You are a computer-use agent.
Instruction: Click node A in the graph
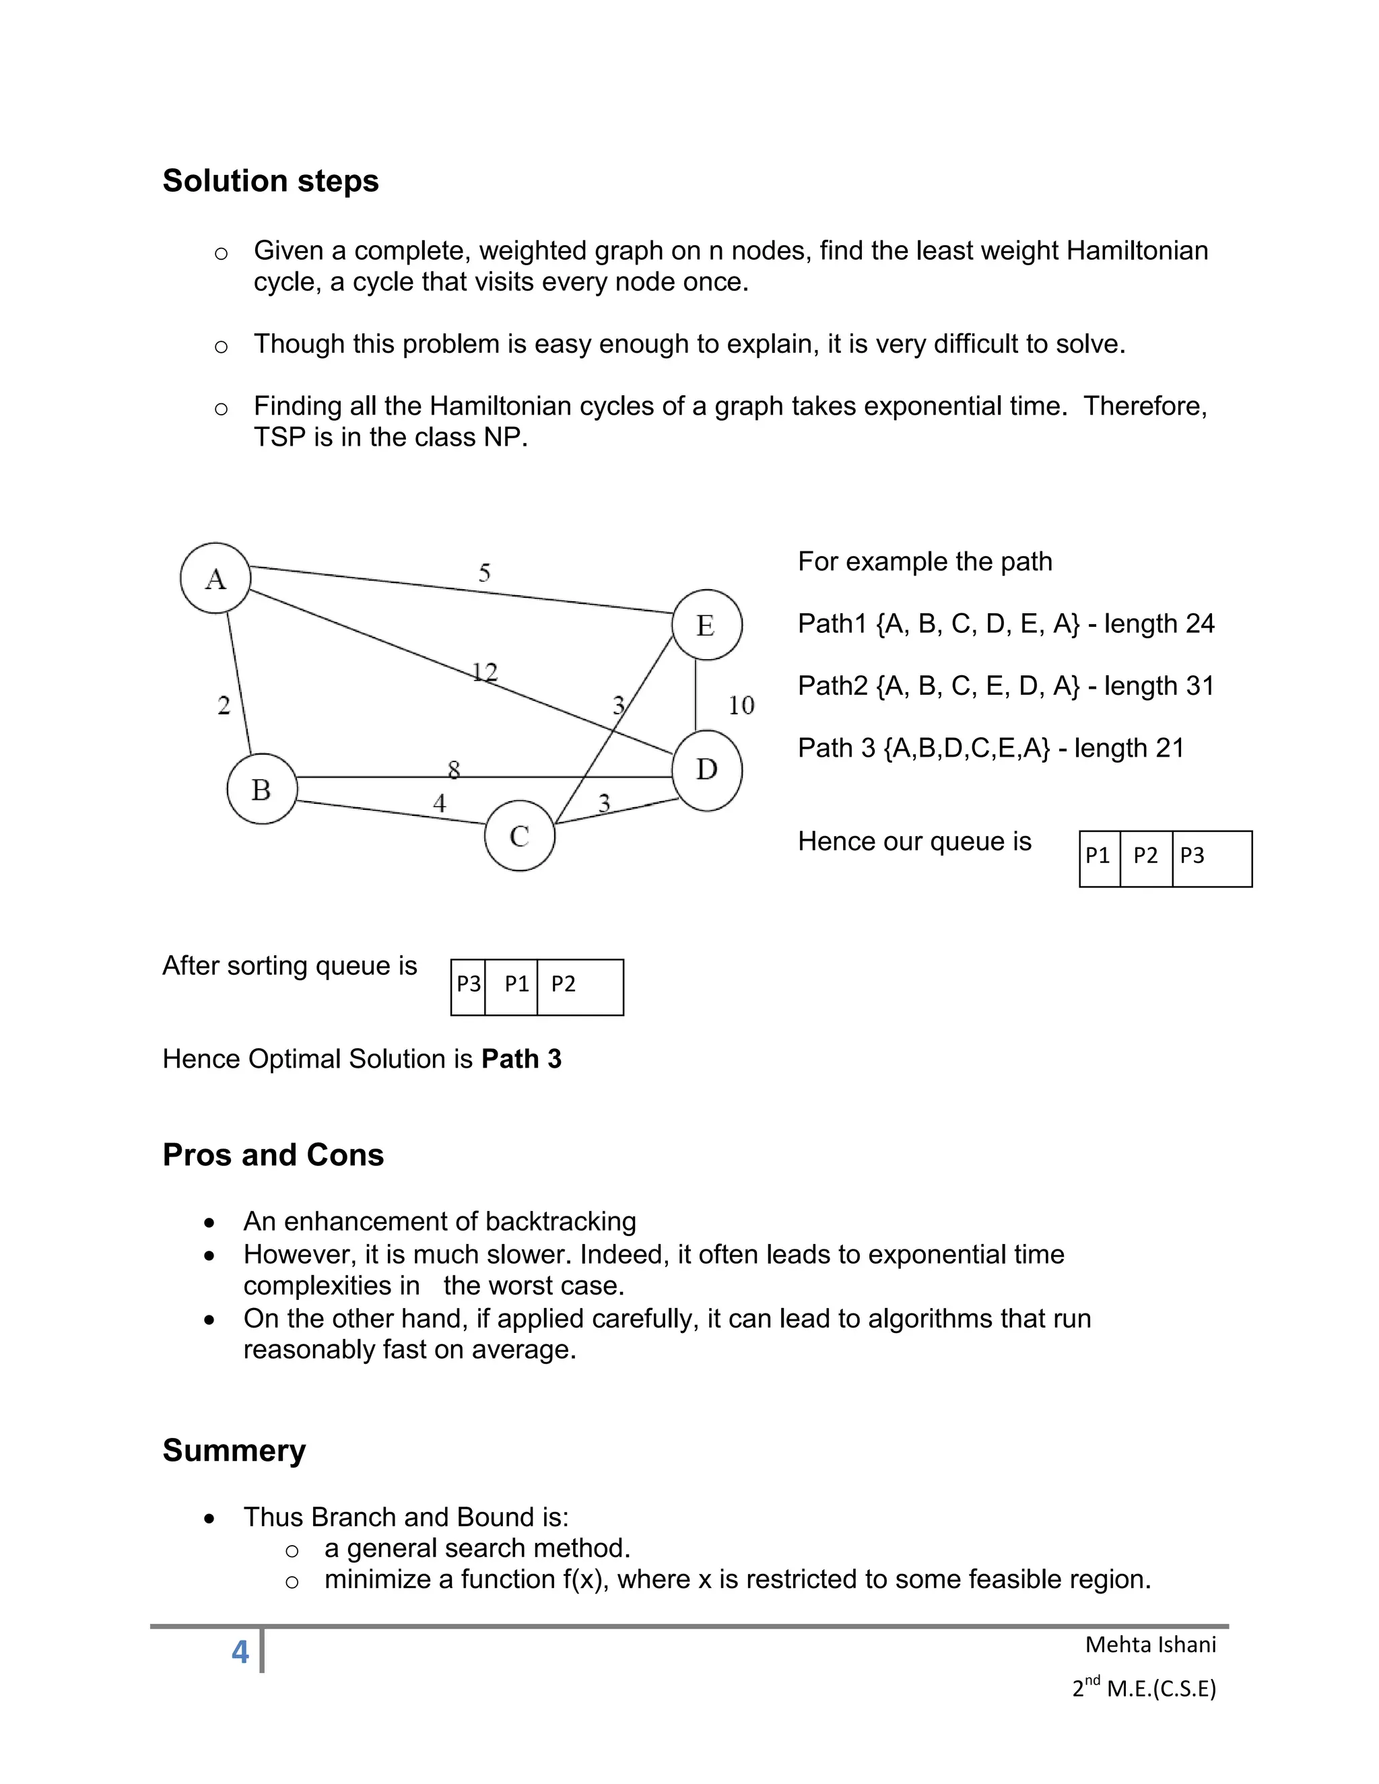(215, 578)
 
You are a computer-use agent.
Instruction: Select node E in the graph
(706, 625)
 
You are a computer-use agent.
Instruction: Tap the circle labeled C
(520, 835)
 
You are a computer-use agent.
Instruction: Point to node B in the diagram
(261, 789)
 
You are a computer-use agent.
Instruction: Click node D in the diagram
(706, 769)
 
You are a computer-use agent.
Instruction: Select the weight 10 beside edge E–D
(741, 705)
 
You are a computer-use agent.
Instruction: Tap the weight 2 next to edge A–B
(224, 705)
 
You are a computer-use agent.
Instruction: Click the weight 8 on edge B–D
(455, 769)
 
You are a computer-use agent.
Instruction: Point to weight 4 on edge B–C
(440, 803)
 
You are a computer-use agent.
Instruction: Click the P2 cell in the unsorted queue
(1145, 856)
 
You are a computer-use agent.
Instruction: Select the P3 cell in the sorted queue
(468, 984)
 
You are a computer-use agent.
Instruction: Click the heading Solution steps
(271, 180)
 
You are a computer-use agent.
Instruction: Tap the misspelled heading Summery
(234, 1450)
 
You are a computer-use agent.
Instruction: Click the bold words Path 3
(521, 1059)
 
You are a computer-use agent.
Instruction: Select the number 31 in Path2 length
(1199, 685)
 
